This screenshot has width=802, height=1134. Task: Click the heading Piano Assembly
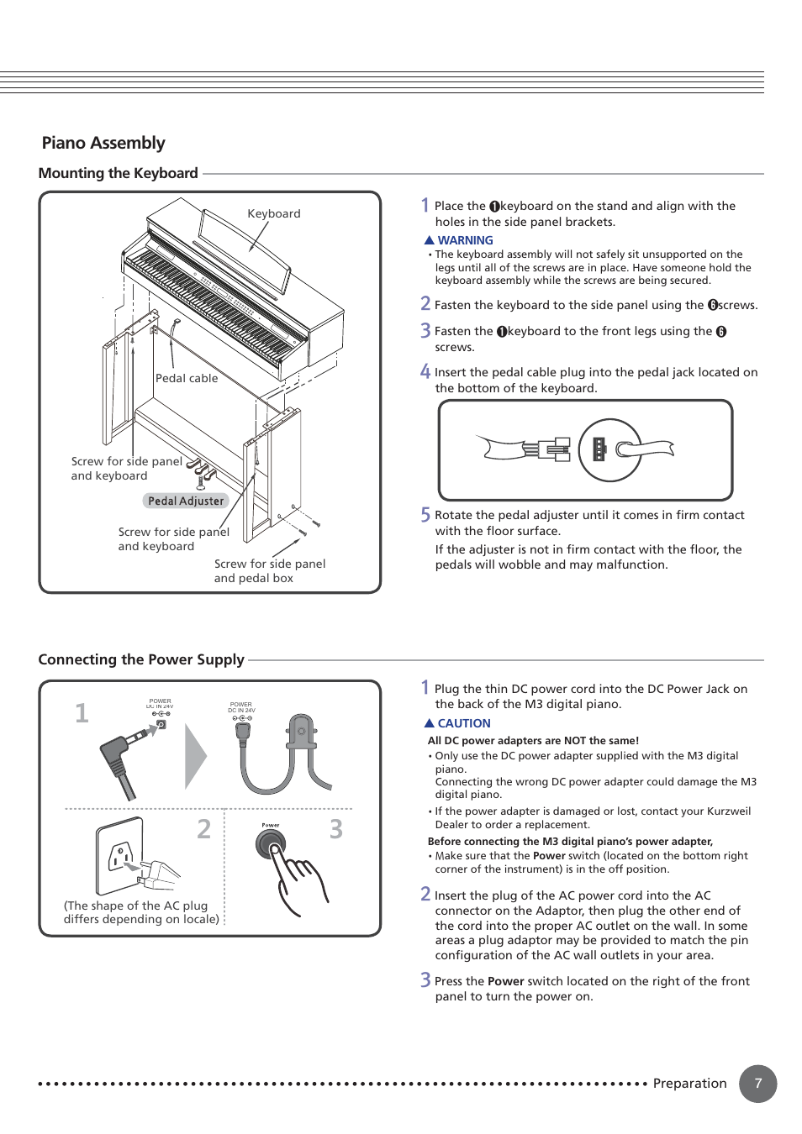tap(103, 143)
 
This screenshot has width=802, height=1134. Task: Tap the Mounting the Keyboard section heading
tap(119, 173)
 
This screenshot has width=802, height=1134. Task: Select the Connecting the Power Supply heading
tap(141, 659)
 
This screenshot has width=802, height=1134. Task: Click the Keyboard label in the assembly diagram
tap(273, 213)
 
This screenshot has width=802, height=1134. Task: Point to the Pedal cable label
tap(187, 378)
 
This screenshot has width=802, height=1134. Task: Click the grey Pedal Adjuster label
tap(186, 501)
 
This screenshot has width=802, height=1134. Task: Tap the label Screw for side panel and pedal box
tap(269, 570)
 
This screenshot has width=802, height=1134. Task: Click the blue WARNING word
tap(465, 240)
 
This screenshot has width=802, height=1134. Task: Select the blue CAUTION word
tap(463, 723)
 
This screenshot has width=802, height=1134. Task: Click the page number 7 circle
tap(757, 1084)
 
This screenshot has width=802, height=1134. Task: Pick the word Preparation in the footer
tap(689, 1084)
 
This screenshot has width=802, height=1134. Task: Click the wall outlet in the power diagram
tap(119, 856)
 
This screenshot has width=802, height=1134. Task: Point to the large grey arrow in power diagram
tap(195, 756)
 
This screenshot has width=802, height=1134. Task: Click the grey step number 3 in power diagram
tap(336, 829)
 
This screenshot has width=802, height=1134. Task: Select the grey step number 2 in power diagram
tap(204, 829)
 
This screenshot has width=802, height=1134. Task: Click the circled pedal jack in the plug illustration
tap(609, 449)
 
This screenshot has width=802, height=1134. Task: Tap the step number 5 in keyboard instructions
tap(425, 515)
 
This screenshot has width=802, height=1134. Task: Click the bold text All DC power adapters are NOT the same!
tap(533, 741)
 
